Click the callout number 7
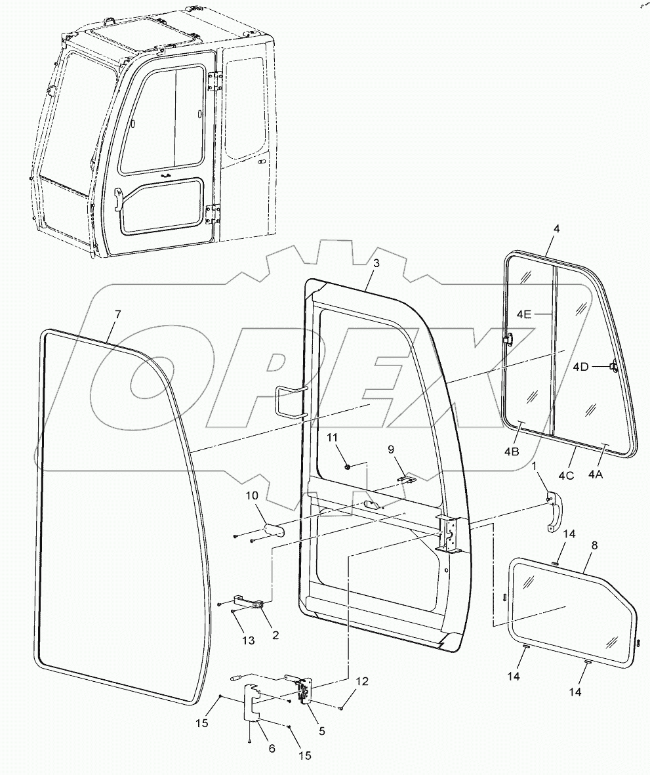point(117,314)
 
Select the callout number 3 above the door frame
point(376,263)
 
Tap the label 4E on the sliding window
point(524,314)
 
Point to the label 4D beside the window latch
point(581,366)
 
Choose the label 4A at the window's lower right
point(596,473)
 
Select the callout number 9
point(392,450)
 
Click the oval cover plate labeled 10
point(275,529)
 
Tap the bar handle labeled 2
point(249,602)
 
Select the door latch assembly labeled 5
point(304,694)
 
